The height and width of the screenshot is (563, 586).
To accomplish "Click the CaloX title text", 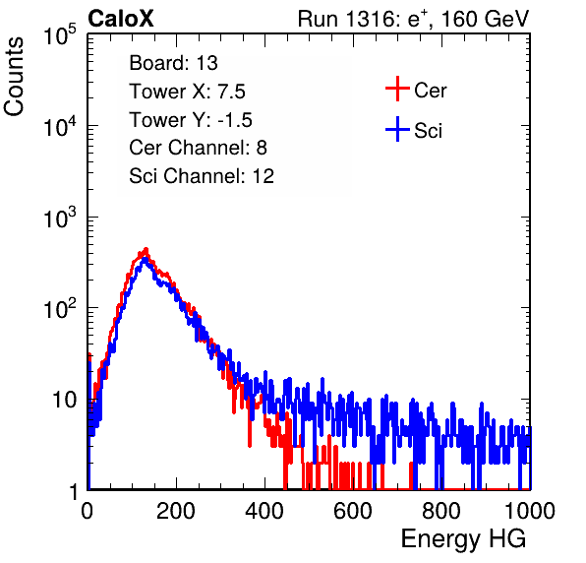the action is pos(121,19).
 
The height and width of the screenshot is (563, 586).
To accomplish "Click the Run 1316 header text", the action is pos(413,19).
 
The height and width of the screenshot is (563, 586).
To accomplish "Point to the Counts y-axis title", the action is pos(14,77).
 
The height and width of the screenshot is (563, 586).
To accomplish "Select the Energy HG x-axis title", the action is pos(463,538).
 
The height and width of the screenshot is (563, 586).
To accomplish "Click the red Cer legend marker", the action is pos(397,89).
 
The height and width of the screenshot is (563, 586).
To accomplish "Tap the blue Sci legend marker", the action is pos(397,130).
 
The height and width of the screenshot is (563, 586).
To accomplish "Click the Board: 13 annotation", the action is pos(173,63).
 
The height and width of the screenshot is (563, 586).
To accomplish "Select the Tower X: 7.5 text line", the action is pos(187,92).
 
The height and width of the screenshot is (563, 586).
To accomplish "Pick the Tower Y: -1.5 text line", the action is pos(191,120).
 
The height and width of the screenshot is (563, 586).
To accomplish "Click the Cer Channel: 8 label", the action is pos(198,148).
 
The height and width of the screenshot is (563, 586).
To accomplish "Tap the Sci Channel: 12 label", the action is pos(202,176).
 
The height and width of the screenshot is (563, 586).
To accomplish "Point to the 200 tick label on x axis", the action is pos(176,511).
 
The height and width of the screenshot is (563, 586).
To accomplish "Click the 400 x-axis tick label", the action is pos(264,511).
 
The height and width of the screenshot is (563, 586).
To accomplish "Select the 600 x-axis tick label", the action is pos(353,511).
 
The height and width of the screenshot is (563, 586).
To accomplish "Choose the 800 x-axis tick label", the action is pos(441,511).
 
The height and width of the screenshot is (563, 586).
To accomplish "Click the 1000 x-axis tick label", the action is pos(530,511).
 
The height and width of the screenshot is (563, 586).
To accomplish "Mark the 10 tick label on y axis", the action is pos(65,400).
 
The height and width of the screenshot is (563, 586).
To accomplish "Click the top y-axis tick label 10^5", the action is pos(60,35).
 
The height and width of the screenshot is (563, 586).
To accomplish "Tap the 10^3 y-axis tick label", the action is pos(60,218).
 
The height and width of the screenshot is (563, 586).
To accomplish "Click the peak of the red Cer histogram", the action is pos(146,249).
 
